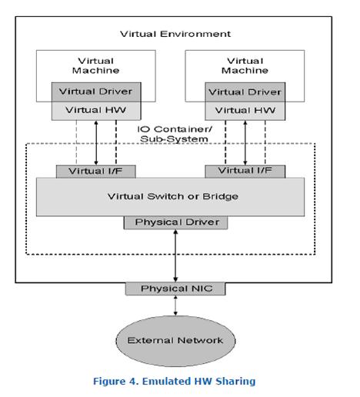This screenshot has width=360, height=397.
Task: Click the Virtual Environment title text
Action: click(175, 34)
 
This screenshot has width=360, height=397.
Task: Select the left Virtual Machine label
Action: click(95, 65)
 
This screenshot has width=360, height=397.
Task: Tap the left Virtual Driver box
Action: click(95, 92)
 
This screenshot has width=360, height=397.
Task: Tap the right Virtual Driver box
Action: click(245, 92)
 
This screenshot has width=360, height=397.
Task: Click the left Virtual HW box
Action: click(95, 109)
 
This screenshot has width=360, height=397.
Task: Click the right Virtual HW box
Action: click(245, 109)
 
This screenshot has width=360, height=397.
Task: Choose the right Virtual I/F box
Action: click(245, 170)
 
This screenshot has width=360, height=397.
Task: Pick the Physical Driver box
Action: click(176, 222)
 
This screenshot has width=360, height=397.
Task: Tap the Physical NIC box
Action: click(176, 289)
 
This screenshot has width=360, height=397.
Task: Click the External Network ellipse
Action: click(176, 339)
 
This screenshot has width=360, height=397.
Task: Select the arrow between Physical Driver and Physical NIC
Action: click(176, 255)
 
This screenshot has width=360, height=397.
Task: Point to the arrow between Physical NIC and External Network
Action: click(176, 305)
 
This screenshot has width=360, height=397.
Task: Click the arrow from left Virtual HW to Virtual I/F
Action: click(95, 141)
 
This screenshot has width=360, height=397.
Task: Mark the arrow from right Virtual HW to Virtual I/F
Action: click(245, 141)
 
